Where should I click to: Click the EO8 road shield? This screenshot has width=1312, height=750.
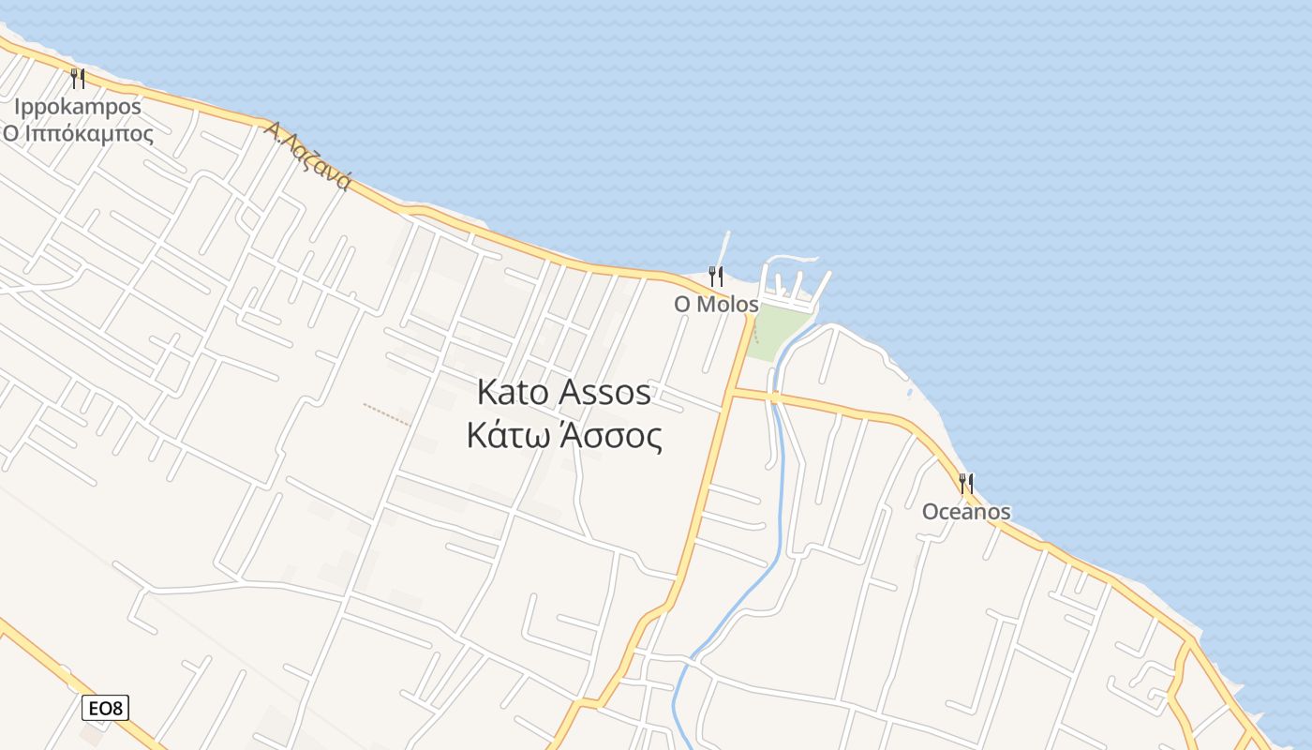[x=107, y=708]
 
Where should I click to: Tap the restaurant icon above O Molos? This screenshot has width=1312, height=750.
[x=716, y=277]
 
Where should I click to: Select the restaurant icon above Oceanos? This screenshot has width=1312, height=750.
[x=966, y=484]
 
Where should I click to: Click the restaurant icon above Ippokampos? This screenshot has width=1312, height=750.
[x=78, y=78]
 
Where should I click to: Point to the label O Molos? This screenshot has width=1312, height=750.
[x=716, y=305]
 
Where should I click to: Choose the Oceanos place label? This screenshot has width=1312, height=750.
[x=966, y=512]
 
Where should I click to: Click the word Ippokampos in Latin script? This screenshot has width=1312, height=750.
[x=77, y=107]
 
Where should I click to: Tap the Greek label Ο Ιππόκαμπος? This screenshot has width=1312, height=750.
[x=78, y=133]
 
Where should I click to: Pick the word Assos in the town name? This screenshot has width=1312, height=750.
[x=604, y=393]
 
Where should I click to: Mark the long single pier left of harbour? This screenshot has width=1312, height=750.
[x=723, y=250]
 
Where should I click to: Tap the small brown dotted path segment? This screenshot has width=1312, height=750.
[x=386, y=413]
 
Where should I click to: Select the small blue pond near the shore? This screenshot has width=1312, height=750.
[x=906, y=391]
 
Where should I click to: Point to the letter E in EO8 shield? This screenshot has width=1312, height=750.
[x=95, y=708]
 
